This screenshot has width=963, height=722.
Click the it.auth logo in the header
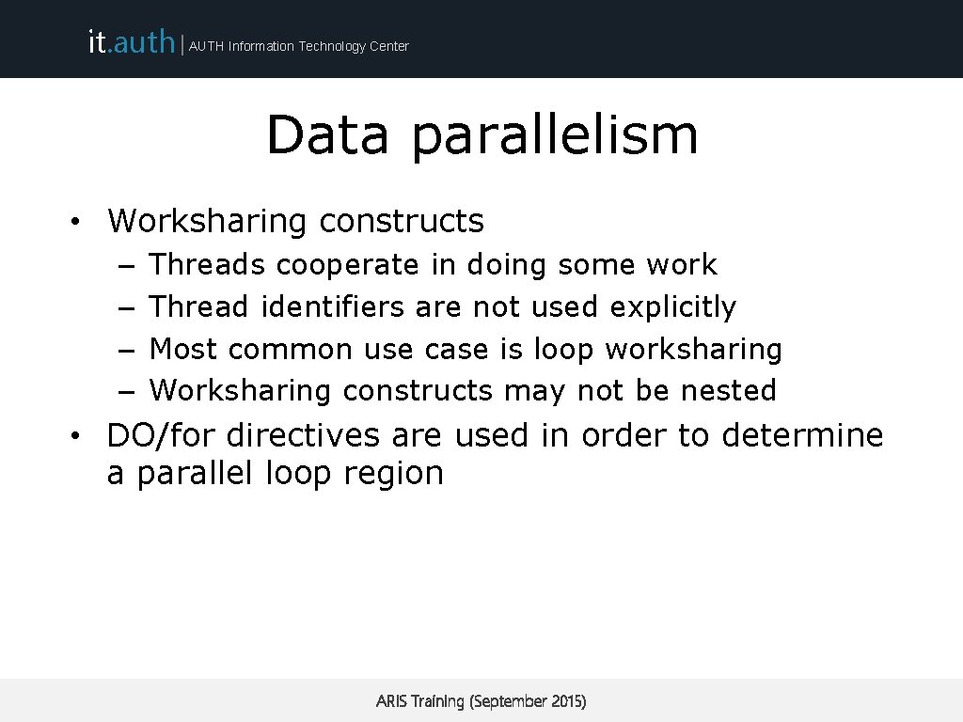click(131, 41)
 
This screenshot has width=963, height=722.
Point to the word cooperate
click(347, 266)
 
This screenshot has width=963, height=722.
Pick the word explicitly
click(672, 307)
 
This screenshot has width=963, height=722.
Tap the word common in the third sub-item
click(290, 350)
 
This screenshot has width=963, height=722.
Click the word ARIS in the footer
click(391, 701)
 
